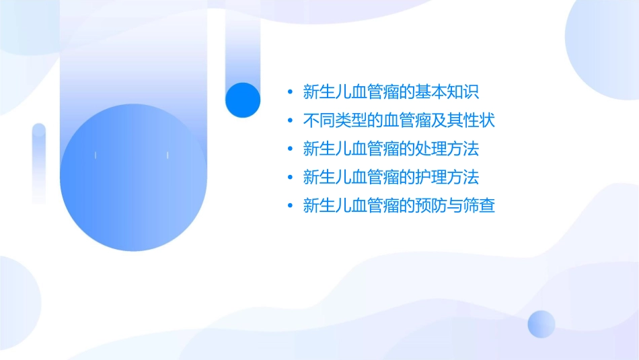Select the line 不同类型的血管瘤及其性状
(399, 120)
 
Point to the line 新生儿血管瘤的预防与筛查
(399, 206)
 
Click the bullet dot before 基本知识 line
(289, 92)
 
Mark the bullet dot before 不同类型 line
(289, 121)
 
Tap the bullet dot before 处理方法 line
(289, 149)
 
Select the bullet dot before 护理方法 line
(289, 178)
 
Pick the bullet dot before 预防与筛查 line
(289, 207)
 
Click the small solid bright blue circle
(243, 100)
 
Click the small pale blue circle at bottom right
(541, 324)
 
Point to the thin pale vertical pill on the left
(39, 163)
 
